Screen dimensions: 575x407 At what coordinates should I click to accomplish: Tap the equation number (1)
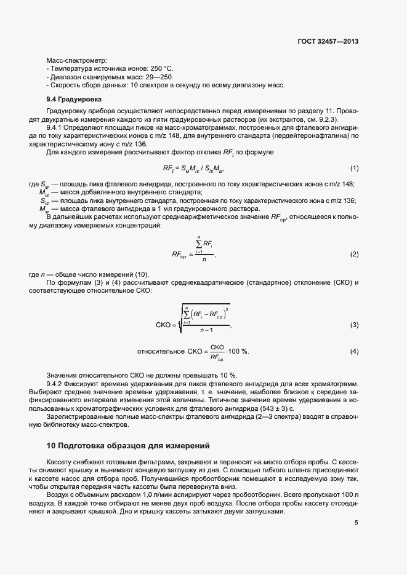point(354,168)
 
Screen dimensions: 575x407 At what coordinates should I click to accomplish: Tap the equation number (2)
point(354,254)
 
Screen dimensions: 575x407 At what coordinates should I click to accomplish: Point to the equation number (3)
point(354,324)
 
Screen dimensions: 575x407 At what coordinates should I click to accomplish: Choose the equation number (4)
point(354,351)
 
